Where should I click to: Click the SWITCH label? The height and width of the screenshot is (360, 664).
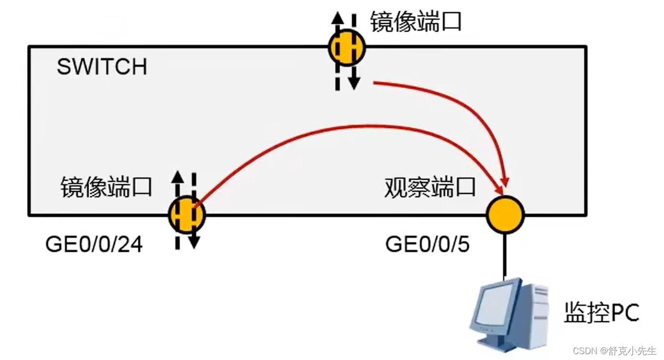tap(102, 67)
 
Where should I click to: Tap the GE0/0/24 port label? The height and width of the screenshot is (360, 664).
tap(94, 245)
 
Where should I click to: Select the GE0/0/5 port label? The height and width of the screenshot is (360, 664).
tap(427, 245)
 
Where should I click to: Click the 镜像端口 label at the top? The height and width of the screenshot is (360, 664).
tap(416, 22)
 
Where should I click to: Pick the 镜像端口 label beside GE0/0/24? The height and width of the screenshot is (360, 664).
tap(106, 187)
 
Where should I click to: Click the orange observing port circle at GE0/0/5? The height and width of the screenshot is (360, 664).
tap(505, 214)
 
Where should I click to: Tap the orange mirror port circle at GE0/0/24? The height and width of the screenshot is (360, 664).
tap(187, 214)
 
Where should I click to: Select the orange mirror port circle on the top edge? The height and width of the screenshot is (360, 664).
tap(346, 48)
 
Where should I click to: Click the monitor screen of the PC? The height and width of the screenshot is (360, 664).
tap(494, 302)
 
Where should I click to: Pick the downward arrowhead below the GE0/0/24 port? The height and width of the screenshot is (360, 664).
tap(194, 242)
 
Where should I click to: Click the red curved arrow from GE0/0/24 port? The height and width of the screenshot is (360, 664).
tap(341, 129)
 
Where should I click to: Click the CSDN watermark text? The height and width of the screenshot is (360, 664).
tap(614, 351)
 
